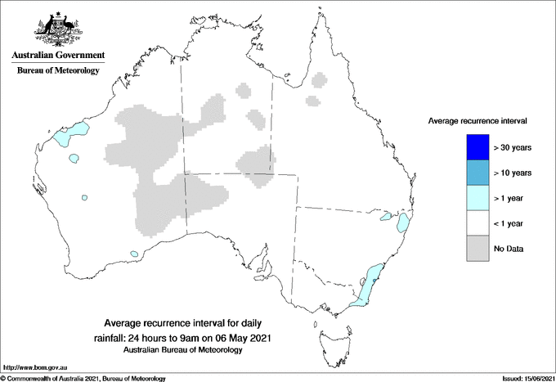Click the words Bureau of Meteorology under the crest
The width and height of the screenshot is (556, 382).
57,71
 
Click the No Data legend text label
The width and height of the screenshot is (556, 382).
507,248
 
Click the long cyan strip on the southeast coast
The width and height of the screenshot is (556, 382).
367,283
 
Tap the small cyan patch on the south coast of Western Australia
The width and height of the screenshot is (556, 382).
133,254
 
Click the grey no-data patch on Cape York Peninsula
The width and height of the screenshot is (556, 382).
320,79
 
